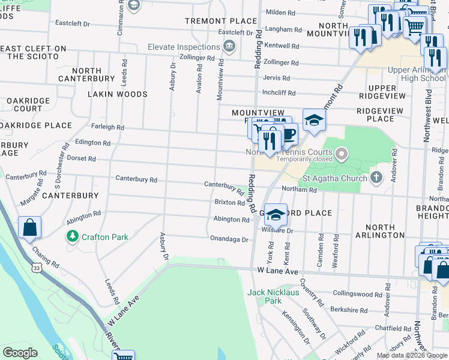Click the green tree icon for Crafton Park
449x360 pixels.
click(73, 236)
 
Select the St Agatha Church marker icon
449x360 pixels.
click(376, 177)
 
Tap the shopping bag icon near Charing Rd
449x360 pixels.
click(29, 228)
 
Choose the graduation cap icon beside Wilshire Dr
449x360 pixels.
click(276, 214)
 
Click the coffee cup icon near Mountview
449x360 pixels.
click(289, 133)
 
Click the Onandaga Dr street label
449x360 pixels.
click(229, 239)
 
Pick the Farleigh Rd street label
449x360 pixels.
click(107, 127)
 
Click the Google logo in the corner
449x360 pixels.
click(20, 353)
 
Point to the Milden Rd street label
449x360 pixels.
click(280, 12)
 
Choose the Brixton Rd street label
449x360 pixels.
click(229, 203)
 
